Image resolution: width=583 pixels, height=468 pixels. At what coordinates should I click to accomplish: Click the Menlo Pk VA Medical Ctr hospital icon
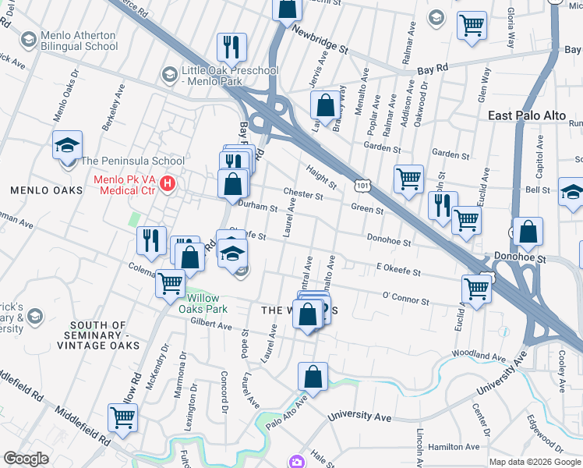166,185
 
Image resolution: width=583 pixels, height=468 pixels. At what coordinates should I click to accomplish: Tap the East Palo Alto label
527,115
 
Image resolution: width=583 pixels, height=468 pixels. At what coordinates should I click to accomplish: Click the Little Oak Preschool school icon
168,75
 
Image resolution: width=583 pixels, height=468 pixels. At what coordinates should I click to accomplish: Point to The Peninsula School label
132,161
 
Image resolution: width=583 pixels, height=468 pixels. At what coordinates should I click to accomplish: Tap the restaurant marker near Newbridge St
231,47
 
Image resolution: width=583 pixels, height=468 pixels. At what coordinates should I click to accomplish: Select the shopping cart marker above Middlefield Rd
123,418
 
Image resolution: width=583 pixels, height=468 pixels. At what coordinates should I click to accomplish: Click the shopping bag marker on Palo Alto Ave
313,376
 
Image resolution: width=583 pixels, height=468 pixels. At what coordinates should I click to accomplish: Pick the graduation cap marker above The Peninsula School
68,144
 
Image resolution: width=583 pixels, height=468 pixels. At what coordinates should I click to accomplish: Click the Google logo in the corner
26,459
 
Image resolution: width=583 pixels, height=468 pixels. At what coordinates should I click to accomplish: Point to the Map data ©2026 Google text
534,462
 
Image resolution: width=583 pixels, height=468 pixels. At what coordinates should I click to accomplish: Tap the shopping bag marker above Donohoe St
528,232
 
